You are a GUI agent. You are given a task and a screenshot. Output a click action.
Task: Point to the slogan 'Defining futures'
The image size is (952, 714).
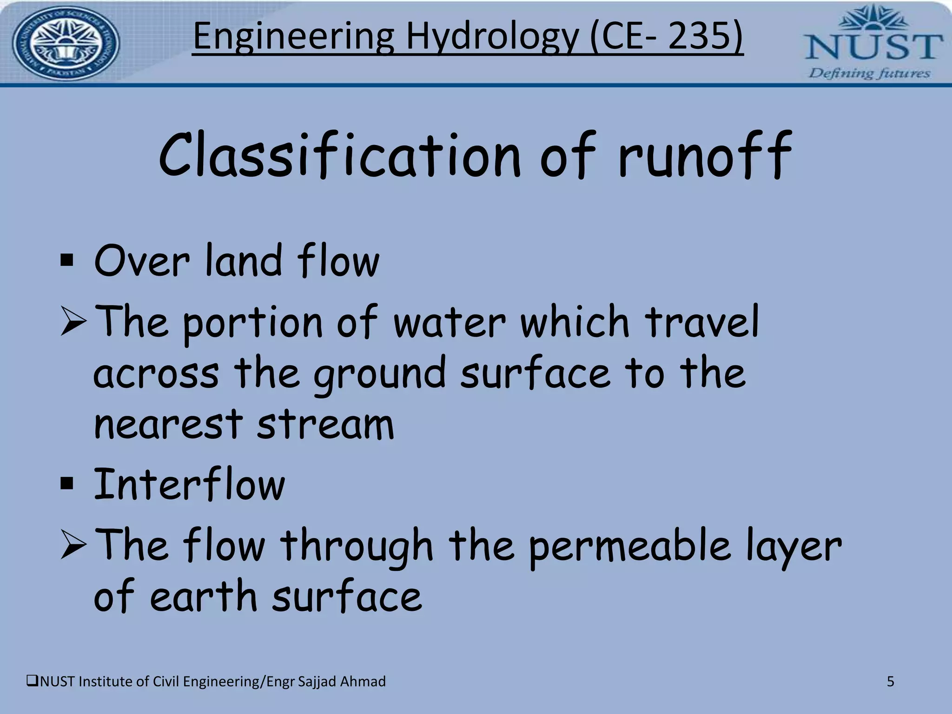point(869,73)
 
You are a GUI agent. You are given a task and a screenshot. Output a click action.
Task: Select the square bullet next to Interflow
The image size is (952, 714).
point(67,484)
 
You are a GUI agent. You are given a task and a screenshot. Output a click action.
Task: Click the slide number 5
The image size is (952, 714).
point(890,681)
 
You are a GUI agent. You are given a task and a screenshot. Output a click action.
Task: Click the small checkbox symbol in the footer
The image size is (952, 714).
point(33,681)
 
